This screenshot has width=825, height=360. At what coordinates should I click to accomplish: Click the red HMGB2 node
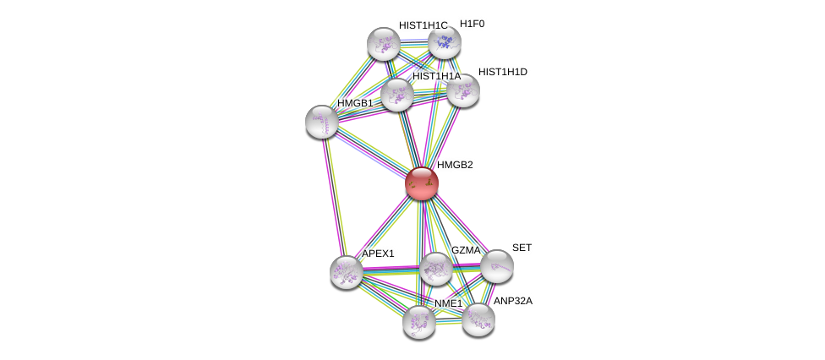click(421, 183)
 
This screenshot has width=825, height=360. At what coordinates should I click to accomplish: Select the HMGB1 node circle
click(322, 122)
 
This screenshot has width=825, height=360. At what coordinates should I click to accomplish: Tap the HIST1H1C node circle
click(383, 44)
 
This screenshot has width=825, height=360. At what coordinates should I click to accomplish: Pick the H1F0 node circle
click(444, 41)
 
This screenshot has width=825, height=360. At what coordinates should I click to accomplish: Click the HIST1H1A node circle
click(396, 95)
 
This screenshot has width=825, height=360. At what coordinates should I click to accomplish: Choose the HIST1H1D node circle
click(463, 90)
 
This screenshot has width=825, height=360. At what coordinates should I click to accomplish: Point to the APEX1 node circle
click(346, 271)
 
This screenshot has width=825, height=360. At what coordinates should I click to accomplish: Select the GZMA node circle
click(435, 270)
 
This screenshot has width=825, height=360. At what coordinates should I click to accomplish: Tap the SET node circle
click(496, 266)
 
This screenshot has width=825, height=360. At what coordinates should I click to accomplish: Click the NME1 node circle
click(418, 321)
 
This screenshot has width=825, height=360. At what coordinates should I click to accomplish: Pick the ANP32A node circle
click(478, 319)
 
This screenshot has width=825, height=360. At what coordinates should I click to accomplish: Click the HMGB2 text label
click(455, 165)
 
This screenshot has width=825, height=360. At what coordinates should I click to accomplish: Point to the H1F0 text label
click(472, 24)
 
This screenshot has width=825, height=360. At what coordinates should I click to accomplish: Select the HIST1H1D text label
click(502, 72)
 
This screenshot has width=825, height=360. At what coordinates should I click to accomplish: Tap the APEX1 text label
click(378, 254)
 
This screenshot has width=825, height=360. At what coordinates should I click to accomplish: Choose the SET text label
click(522, 248)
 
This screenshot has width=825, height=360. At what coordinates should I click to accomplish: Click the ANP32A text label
click(513, 301)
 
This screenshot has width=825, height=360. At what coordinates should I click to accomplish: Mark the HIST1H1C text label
click(423, 25)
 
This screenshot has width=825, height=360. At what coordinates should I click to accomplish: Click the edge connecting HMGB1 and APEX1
click(334, 197)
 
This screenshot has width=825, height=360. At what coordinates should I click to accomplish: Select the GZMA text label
click(465, 250)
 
